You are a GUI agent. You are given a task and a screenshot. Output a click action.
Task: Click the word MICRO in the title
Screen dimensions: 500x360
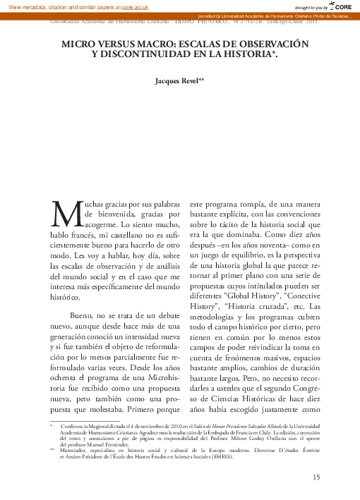tap(80, 44)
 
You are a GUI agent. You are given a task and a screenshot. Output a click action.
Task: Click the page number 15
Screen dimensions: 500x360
tap(316, 478)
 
